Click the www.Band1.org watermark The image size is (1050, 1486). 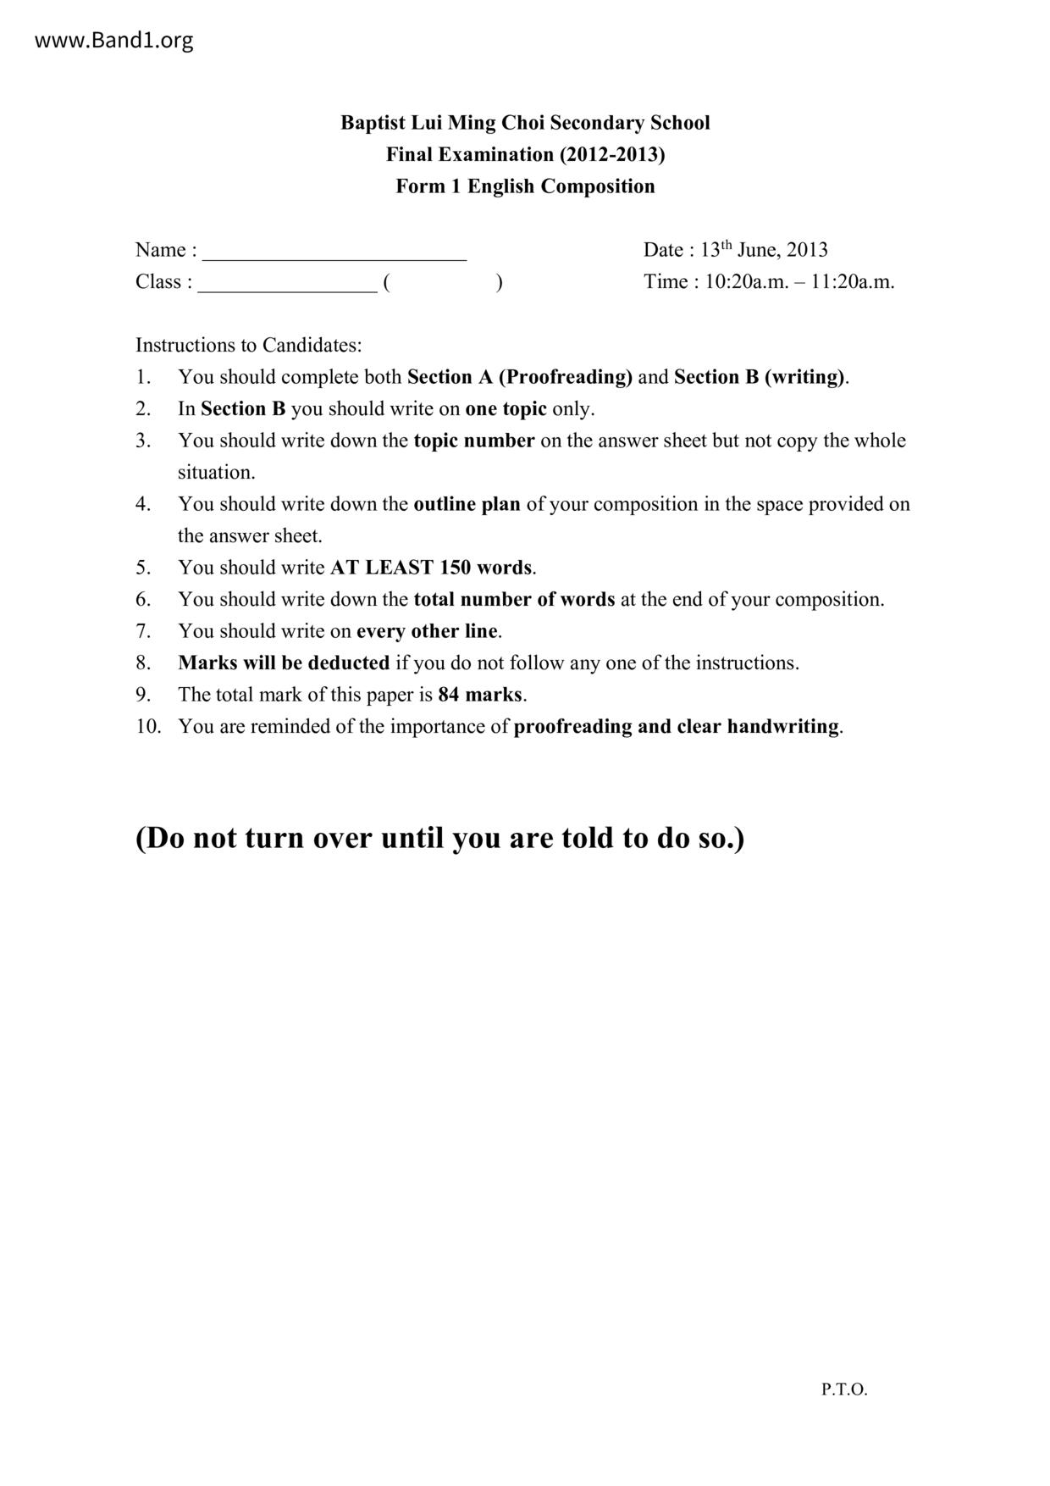pyautogui.click(x=113, y=41)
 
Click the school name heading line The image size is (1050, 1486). pyautogui.click(x=525, y=123)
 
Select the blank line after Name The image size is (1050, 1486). pyautogui.click(x=334, y=252)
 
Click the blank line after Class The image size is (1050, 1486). pyautogui.click(x=287, y=284)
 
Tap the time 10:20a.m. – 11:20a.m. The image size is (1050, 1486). pyautogui.click(x=799, y=282)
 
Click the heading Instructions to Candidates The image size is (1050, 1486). pyautogui.click(x=249, y=346)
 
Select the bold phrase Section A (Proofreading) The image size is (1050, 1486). pyautogui.click(x=520, y=377)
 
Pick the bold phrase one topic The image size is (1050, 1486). pyautogui.click(x=506, y=409)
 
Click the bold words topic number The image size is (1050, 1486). pyautogui.click(x=474, y=441)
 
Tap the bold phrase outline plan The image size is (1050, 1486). pyautogui.click(x=467, y=504)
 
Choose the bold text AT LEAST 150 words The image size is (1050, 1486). pyautogui.click(x=431, y=568)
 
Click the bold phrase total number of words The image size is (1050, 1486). pyautogui.click(x=514, y=600)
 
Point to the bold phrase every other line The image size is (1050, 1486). pyautogui.click(x=427, y=631)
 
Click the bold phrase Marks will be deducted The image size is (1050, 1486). pyautogui.click(x=284, y=663)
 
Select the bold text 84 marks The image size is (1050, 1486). pyautogui.click(x=479, y=695)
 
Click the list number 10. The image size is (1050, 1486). pyautogui.click(x=147, y=727)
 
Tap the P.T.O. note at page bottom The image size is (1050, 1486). pyautogui.click(x=844, y=1389)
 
